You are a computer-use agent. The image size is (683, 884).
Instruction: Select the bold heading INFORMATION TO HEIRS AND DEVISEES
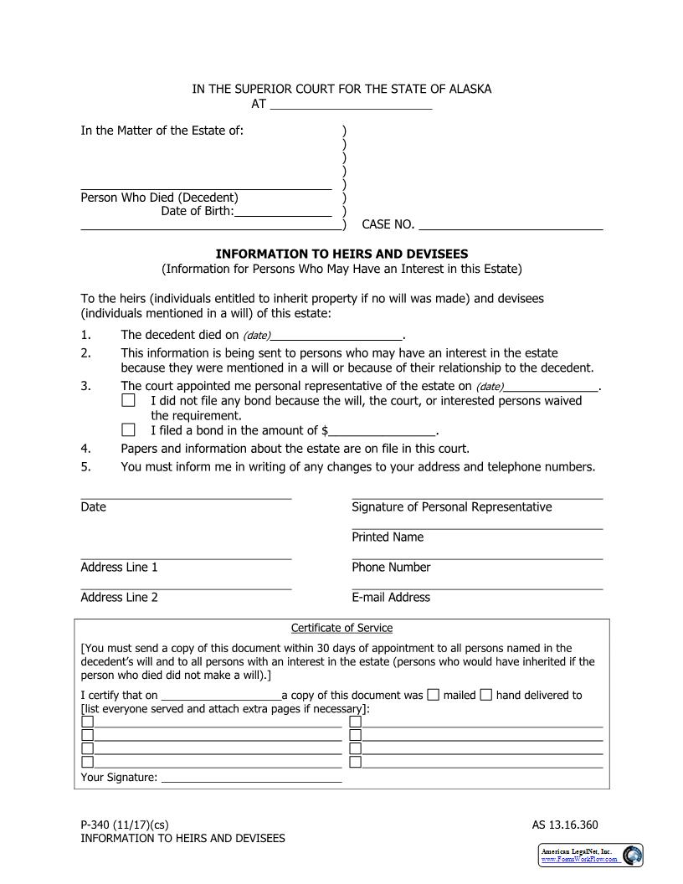[341, 254]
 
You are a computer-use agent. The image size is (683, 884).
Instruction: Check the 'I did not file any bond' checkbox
[128, 401]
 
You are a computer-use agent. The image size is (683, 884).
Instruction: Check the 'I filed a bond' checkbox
[128, 430]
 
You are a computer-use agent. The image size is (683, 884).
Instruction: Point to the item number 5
[85, 467]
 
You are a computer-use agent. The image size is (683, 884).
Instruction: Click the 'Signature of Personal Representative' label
[451, 507]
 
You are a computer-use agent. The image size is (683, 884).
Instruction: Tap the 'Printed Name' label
[388, 537]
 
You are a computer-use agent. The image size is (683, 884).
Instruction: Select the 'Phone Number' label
[391, 568]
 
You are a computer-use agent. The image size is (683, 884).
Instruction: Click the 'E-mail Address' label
[391, 598]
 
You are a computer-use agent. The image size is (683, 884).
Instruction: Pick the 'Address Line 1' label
[119, 568]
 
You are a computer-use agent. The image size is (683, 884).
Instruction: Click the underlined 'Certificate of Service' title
[341, 628]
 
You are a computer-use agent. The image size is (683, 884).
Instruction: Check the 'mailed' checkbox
[433, 694]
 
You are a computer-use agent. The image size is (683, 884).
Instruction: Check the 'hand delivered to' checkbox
[486, 694]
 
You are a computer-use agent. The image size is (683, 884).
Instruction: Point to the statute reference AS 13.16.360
[565, 825]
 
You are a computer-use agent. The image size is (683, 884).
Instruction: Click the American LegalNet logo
[590, 855]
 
